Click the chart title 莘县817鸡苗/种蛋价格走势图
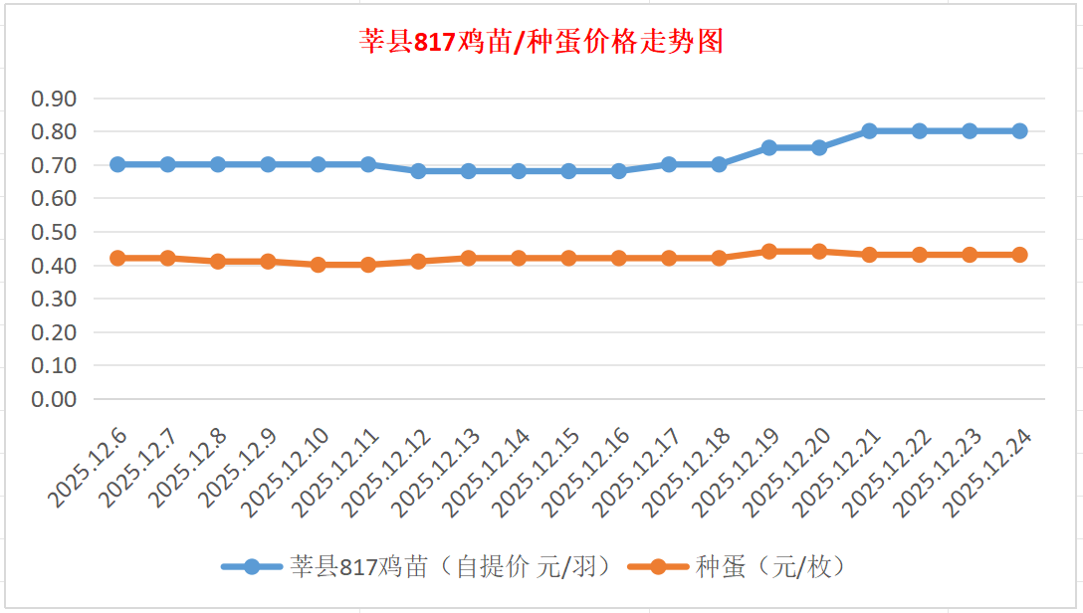click(541, 42)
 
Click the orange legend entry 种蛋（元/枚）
click(771, 567)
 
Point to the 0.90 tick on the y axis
click(54, 99)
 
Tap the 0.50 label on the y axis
click(54, 232)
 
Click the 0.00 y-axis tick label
click(54, 399)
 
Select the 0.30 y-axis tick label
click(54, 299)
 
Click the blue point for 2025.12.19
click(769, 147)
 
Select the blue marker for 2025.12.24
click(1020, 131)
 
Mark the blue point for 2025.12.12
click(418, 171)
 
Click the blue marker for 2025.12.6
click(117, 164)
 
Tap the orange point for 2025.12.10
click(319, 265)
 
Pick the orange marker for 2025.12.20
click(819, 252)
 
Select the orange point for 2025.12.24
click(1020, 255)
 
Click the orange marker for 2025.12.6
click(117, 258)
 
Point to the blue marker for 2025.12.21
click(870, 131)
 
